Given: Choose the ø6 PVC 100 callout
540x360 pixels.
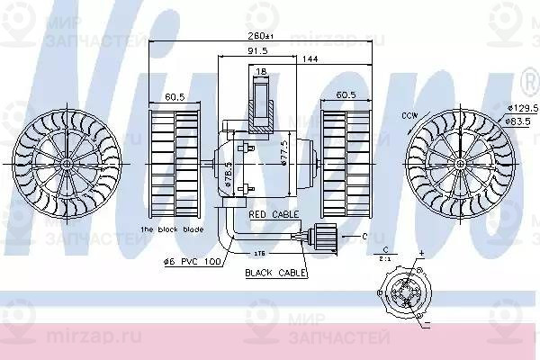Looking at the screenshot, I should click(191, 262).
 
